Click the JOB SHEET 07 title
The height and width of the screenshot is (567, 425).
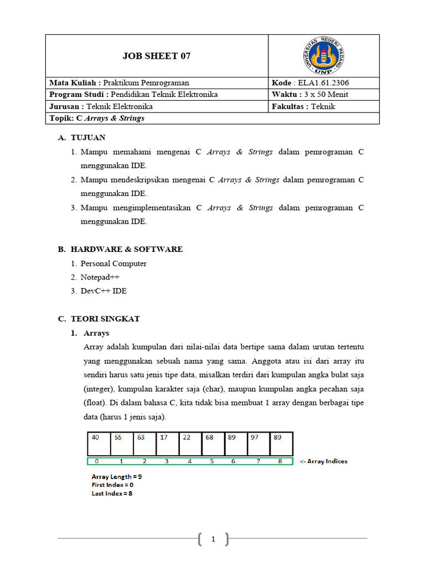tap(156, 56)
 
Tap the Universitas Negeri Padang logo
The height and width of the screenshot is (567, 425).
tap(324, 55)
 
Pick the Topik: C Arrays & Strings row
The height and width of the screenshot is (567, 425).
tap(97, 118)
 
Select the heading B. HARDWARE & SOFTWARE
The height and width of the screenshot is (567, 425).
tap(120, 249)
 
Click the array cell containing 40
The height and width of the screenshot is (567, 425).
tap(99, 444)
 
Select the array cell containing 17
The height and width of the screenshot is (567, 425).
tap(167, 444)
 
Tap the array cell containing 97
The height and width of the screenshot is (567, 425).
tap(258, 444)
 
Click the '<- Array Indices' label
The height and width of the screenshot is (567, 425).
tap(324, 461)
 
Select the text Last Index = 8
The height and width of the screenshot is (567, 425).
tap(112, 493)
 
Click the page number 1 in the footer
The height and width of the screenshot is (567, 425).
tap(212, 538)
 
